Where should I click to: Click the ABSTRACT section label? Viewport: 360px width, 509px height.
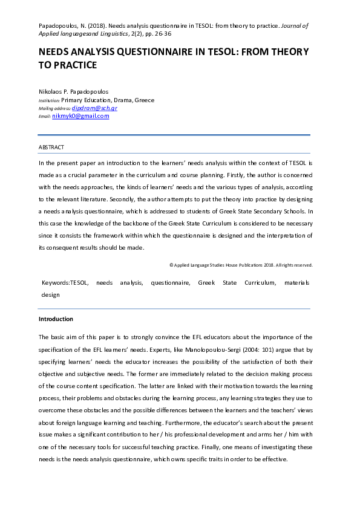(51, 148)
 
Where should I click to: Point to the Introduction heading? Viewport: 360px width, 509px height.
(56, 319)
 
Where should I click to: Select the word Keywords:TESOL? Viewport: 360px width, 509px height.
(65, 282)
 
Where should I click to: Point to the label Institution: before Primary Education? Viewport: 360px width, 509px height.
(49, 100)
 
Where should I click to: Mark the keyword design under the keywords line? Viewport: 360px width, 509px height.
(50, 294)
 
